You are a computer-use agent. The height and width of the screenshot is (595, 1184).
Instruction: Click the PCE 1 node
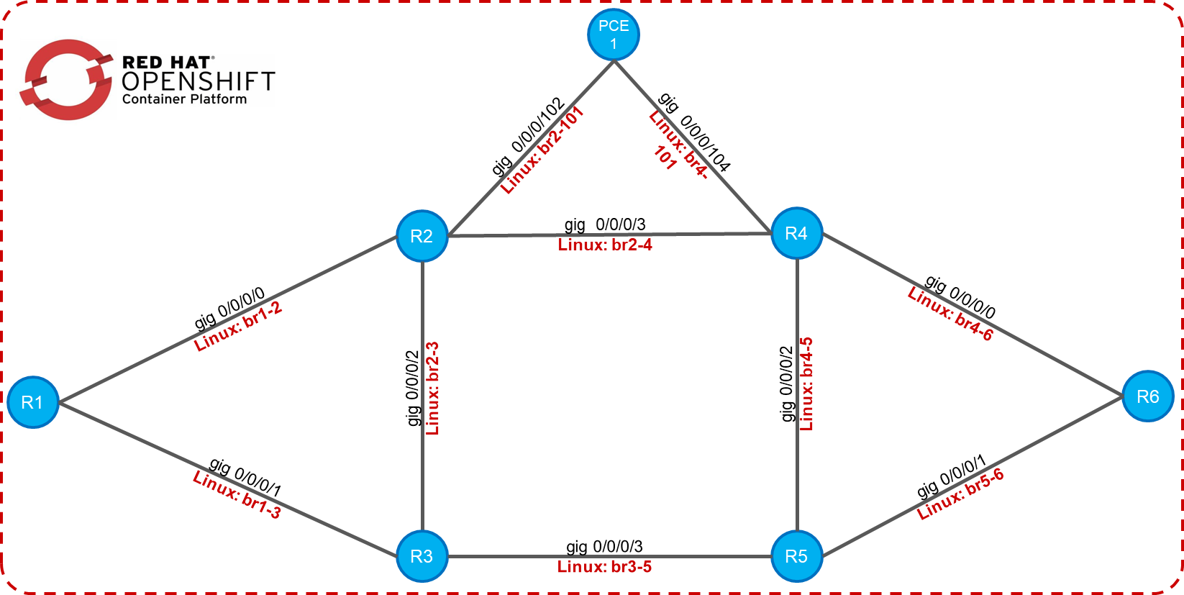[x=614, y=35]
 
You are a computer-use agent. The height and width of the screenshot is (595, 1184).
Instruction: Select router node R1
[x=32, y=402]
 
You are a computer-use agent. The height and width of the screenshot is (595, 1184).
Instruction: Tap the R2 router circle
[x=422, y=236]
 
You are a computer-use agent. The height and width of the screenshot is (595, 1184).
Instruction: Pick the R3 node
[x=422, y=556]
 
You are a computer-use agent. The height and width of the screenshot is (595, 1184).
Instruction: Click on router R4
[x=796, y=233]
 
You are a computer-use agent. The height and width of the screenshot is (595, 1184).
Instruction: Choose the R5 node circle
[x=796, y=556]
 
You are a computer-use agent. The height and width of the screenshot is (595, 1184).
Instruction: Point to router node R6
[x=1147, y=396]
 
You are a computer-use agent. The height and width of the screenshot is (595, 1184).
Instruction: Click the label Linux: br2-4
[x=605, y=245]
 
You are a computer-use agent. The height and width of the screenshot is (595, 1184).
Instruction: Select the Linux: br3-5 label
[x=604, y=567]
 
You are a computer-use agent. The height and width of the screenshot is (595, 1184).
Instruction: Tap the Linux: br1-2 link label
[x=238, y=327]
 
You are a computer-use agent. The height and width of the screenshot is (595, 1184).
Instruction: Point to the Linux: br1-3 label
[x=237, y=494]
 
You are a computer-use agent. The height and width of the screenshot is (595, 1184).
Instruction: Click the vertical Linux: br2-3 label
[x=432, y=389]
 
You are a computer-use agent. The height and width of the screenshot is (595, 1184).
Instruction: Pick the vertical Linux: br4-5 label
[x=806, y=384]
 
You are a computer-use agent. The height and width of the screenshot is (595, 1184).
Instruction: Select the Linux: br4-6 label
[x=950, y=314]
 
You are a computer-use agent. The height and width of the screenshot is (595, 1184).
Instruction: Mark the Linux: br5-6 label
[x=960, y=494]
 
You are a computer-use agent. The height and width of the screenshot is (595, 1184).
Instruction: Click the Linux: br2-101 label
[x=542, y=150]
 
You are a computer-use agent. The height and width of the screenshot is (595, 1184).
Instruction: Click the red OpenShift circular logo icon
[x=66, y=80]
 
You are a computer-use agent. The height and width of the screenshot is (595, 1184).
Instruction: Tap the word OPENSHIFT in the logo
[x=199, y=81]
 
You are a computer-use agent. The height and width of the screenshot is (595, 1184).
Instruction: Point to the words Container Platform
[x=184, y=99]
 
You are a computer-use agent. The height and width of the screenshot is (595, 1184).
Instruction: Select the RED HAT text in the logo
[x=167, y=63]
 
